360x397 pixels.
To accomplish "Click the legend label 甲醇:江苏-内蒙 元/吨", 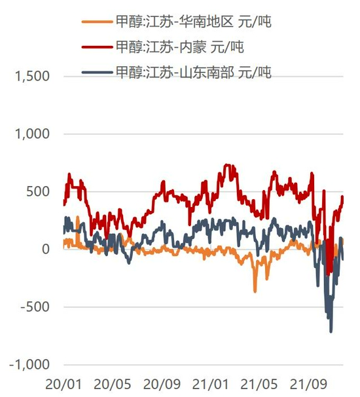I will [x=180, y=47].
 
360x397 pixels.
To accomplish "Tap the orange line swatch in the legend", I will [x=96, y=22].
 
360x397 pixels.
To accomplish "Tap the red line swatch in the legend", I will [x=96, y=47].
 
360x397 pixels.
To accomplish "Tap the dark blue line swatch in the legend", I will [x=96, y=71].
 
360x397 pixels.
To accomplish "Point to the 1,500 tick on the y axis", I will [x=31, y=77].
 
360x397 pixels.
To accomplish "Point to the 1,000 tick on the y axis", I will [x=31, y=134].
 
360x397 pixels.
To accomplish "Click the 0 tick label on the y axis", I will [x=45, y=250].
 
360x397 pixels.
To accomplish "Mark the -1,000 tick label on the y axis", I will [x=29, y=365].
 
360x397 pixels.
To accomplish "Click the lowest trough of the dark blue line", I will [x=331, y=331].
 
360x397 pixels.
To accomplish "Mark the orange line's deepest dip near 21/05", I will [x=255, y=291].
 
